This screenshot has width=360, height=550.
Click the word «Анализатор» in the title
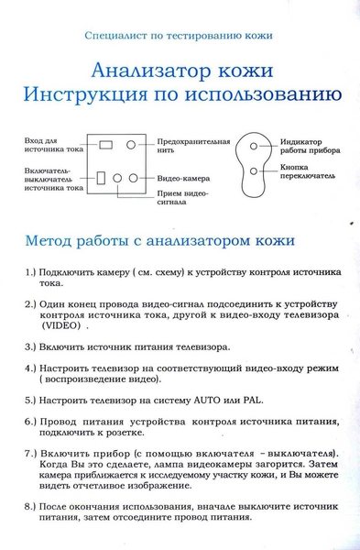pyautogui.click(x=139, y=71)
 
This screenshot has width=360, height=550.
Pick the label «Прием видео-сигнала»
pyautogui.click(x=184, y=199)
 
